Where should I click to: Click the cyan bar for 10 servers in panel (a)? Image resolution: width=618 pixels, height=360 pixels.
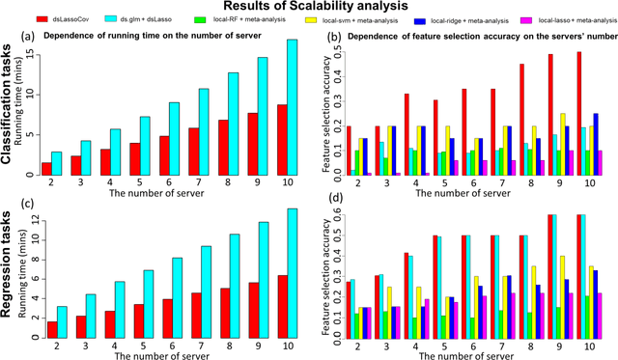[291, 107]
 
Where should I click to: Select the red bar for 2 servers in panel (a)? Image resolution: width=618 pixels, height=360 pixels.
[46, 169]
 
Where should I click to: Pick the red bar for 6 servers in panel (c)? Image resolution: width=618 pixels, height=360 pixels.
[169, 319]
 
